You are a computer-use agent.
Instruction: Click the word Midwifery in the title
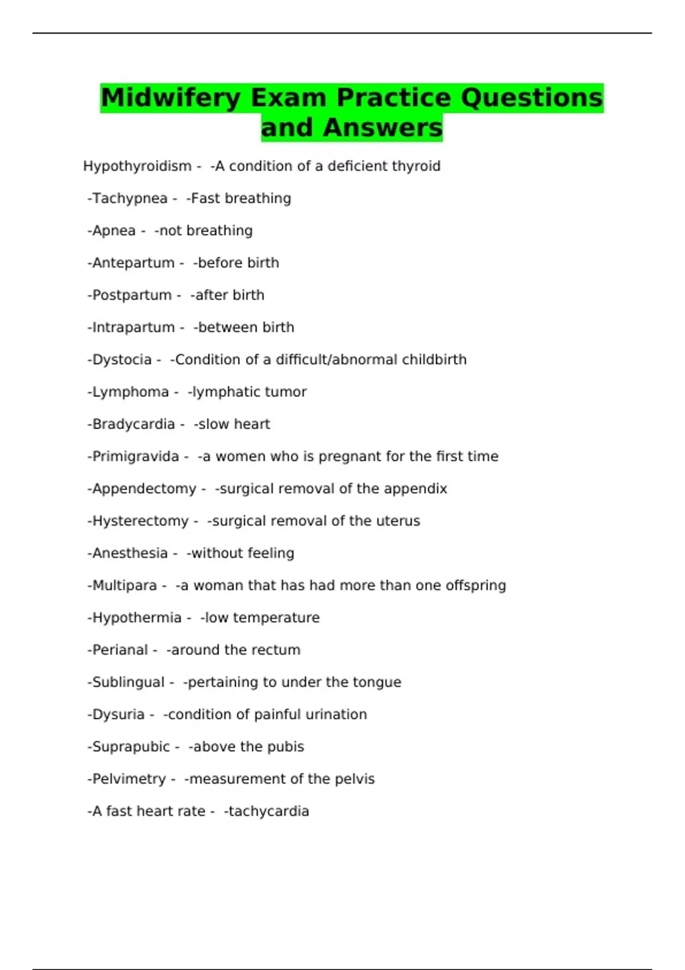click(x=170, y=98)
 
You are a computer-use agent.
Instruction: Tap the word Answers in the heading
click(x=382, y=127)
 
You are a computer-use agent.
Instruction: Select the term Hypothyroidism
click(x=137, y=166)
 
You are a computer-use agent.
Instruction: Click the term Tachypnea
click(x=130, y=199)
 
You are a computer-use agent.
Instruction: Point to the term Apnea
click(x=114, y=231)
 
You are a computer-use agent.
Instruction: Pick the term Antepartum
click(x=133, y=263)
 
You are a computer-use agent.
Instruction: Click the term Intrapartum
click(x=133, y=328)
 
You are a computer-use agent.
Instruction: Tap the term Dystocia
click(x=122, y=359)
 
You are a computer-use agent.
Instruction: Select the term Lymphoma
click(x=130, y=392)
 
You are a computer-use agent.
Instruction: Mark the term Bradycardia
click(x=133, y=424)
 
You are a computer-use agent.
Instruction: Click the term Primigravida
click(x=135, y=456)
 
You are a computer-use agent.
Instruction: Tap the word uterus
click(x=398, y=521)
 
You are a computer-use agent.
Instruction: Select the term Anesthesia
click(x=130, y=553)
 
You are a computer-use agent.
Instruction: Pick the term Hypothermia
click(x=136, y=617)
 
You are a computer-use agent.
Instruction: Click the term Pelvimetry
click(x=128, y=779)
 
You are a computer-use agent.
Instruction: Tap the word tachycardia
click(x=269, y=811)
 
